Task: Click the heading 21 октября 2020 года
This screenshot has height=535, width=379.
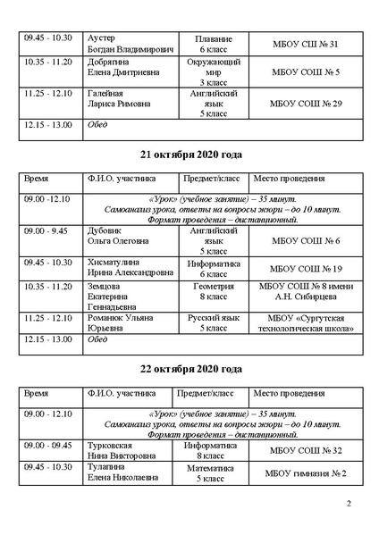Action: click(190, 152)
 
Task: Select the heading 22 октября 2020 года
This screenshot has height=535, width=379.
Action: click(190, 369)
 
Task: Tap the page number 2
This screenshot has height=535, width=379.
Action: click(349, 505)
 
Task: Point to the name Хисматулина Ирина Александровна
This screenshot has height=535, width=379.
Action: click(124, 268)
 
